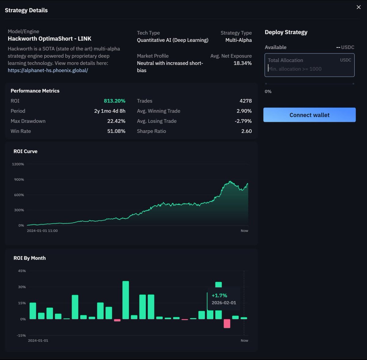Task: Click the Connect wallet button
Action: point(309,115)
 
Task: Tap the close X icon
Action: point(358,7)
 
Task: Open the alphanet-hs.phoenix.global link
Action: point(48,70)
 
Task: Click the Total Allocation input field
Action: point(309,65)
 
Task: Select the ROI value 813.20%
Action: point(114,101)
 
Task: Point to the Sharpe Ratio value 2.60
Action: point(246,131)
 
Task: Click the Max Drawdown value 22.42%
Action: point(116,121)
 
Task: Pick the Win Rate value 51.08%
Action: point(116,131)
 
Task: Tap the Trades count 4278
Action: point(246,101)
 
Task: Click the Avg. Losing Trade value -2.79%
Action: point(243,121)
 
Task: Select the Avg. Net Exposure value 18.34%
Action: point(243,63)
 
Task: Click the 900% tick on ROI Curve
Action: point(19,180)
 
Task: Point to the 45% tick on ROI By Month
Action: point(22,271)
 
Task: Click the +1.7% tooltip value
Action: point(219,296)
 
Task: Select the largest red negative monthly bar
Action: point(227,323)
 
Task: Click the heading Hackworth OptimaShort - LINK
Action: point(50,39)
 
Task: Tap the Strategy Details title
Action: point(26,10)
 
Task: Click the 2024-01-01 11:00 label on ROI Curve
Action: point(42,231)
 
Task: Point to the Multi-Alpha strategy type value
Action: point(239,40)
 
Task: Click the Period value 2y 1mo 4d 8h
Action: point(109,111)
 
